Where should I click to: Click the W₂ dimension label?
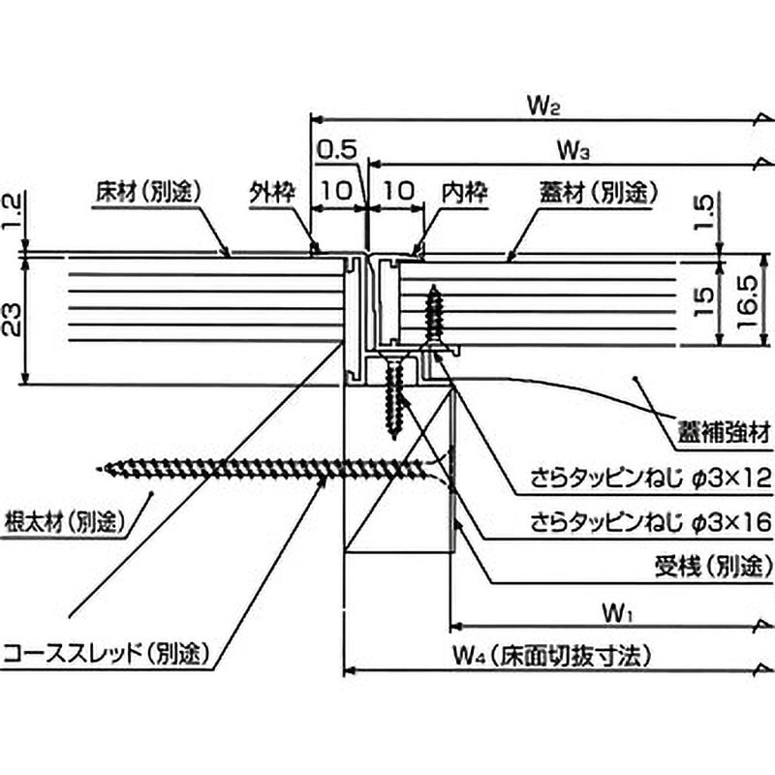(544, 106)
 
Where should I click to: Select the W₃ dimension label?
(574, 150)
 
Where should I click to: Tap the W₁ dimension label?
(616, 612)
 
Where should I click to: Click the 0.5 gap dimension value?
(337, 149)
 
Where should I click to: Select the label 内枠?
(462, 192)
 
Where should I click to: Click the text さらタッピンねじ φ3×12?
(649, 478)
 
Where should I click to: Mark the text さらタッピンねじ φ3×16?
(649, 522)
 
